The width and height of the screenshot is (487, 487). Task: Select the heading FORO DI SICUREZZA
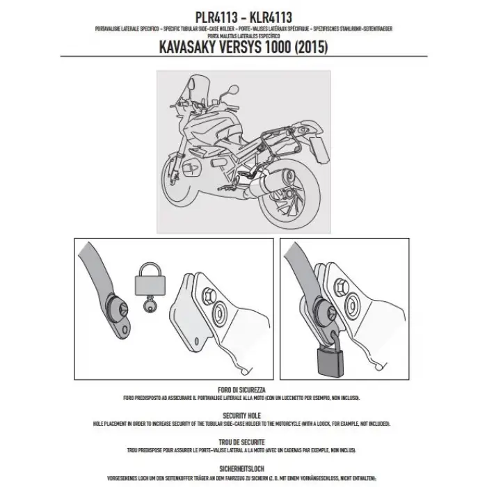click(243, 390)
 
